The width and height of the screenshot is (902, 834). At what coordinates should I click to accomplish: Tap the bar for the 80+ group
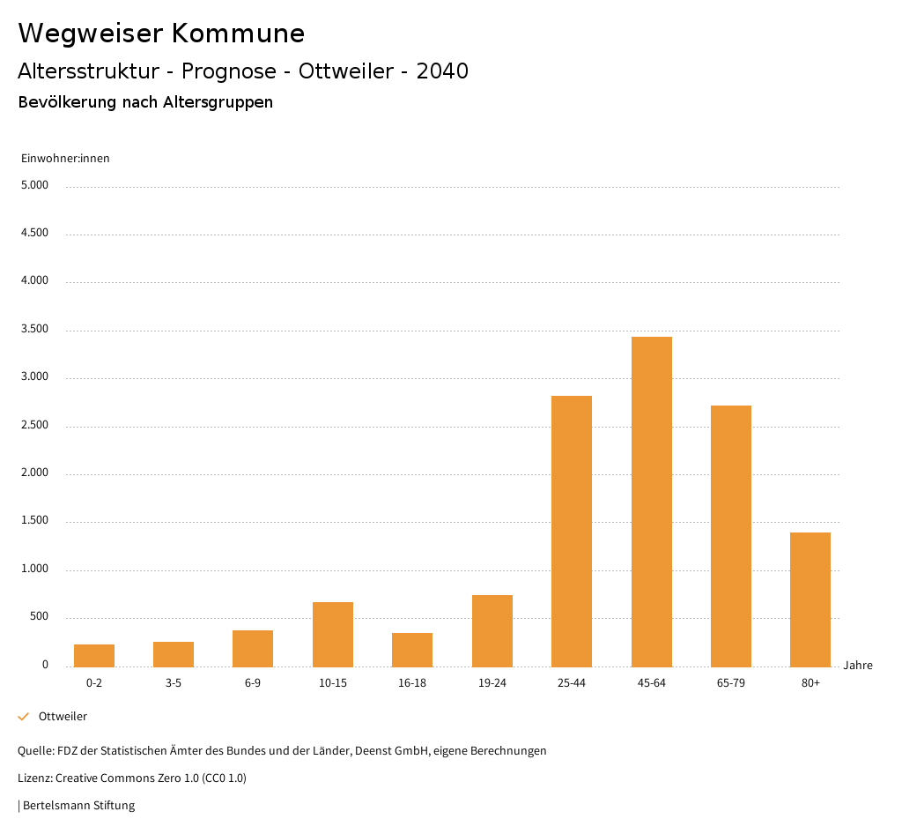tap(810, 599)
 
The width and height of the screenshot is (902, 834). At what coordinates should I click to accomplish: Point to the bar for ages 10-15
tap(333, 634)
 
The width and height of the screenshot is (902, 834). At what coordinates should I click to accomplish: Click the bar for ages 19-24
tap(492, 630)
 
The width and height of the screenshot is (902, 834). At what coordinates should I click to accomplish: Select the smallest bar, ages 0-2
tap(94, 655)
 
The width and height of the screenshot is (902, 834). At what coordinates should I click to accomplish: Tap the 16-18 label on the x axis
tap(412, 683)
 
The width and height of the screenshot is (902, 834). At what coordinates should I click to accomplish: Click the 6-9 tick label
tap(253, 683)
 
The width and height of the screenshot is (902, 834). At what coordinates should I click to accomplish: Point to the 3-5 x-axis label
tap(174, 683)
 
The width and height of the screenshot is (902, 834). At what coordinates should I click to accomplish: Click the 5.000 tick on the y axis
tap(34, 186)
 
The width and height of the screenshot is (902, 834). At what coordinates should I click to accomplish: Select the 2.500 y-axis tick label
tap(34, 426)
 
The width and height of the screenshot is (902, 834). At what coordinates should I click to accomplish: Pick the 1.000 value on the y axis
tap(34, 570)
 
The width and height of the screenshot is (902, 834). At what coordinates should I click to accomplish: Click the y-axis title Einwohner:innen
tap(65, 159)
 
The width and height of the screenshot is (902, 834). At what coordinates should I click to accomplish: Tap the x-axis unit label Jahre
tap(858, 666)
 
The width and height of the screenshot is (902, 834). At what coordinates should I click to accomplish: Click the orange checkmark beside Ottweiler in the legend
tap(24, 717)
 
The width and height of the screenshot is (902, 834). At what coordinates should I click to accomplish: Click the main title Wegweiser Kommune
tap(161, 34)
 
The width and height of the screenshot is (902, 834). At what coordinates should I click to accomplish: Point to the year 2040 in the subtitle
tap(442, 71)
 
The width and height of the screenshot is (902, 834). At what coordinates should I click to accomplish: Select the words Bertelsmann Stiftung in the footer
tap(78, 806)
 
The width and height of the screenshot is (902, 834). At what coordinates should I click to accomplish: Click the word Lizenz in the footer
tap(34, 778)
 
